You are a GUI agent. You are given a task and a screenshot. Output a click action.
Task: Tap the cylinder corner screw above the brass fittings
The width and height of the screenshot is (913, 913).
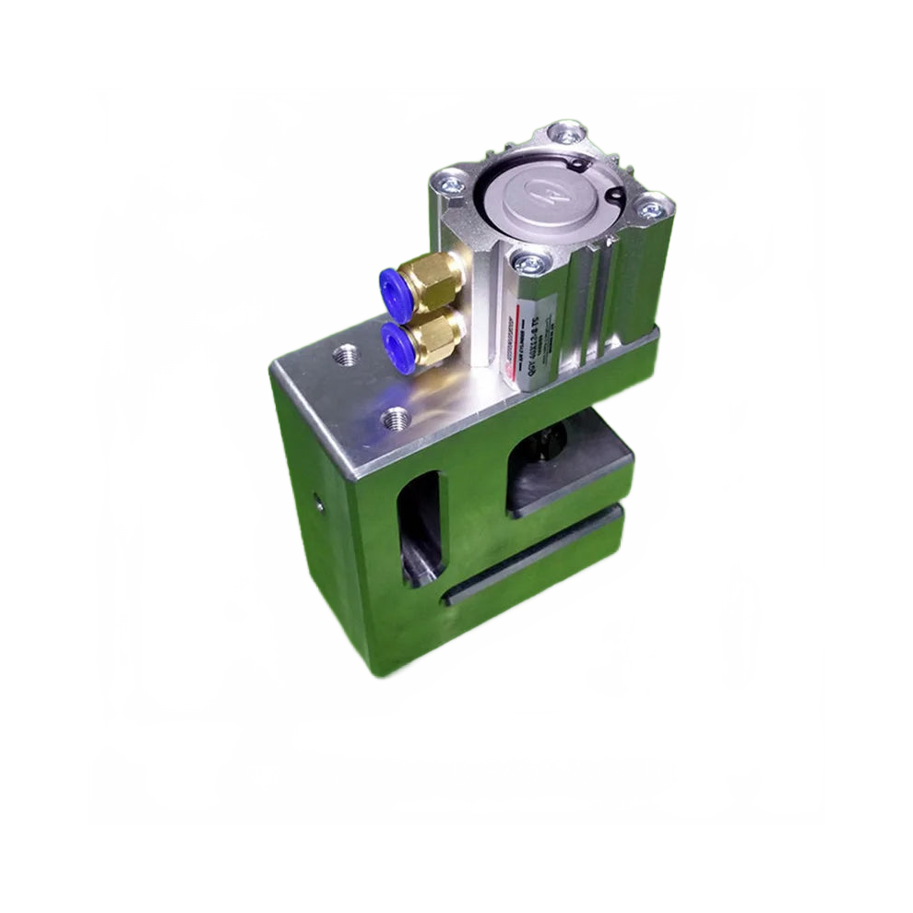click(x=452, y=182)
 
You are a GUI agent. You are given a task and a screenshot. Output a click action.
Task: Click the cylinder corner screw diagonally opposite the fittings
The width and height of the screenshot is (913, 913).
click(x=650, y=207)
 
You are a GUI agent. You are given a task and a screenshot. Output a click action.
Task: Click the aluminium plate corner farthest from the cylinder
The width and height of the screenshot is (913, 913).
click(x=272, y=367)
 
